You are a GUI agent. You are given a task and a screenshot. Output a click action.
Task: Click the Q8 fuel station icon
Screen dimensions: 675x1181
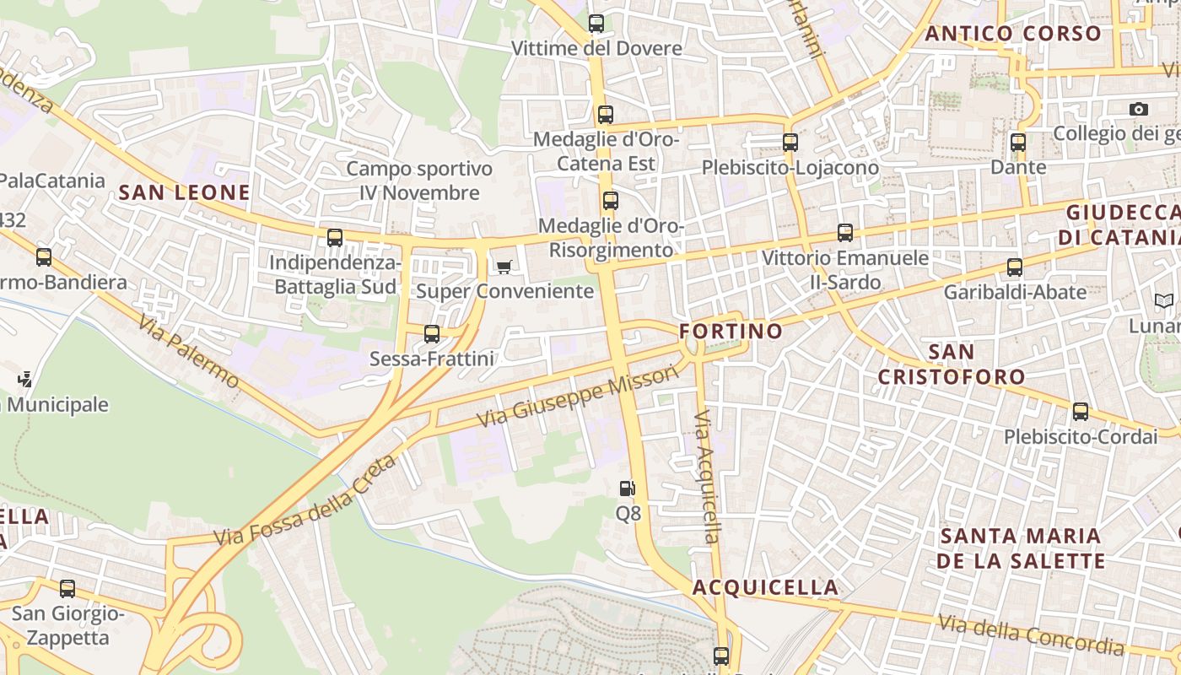click(627, 488)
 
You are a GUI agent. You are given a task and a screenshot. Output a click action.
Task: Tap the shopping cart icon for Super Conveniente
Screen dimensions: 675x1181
click(504, 267)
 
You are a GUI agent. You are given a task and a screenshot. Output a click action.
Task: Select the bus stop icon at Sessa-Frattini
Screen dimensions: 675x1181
click(432, 334)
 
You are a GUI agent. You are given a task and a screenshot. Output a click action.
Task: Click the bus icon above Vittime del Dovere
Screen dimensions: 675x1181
click(596, 24)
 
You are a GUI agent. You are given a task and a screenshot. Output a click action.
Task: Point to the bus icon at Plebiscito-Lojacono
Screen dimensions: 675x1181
click(790, 143)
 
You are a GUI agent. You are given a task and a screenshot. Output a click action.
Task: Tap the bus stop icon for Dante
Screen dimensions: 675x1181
click(1018, 143)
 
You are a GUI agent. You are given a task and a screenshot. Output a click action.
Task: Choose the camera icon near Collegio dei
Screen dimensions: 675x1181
click(1139, 109)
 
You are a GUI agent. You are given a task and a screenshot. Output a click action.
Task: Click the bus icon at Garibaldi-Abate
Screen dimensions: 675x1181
click(1015, 267)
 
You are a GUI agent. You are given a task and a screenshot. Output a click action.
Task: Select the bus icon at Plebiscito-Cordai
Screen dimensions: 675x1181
click(1081, 412)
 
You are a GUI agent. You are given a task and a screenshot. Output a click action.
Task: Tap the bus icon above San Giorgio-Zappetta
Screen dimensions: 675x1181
click(67, 588)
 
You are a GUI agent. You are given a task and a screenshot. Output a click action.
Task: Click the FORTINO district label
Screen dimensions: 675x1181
click(731, 331)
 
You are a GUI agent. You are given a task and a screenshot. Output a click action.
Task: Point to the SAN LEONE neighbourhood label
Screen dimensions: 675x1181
click(185, 192)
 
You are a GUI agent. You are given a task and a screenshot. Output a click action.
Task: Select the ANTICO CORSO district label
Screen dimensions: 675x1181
click(1013, 34)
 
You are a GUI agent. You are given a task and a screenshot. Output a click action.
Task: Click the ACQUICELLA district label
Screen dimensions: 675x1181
click(766, 587)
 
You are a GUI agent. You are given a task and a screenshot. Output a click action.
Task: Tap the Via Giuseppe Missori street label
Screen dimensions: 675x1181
click(577, 396)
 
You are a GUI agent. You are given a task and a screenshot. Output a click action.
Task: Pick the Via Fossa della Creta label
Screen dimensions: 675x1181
click(305, 500)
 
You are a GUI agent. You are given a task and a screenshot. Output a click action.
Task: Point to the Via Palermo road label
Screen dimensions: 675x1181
click(189, 352)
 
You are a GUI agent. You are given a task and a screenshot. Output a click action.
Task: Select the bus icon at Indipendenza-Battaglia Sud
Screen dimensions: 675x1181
click(335, 238)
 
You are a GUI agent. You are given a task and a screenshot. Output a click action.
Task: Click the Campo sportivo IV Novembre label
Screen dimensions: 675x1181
click(419, 181)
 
